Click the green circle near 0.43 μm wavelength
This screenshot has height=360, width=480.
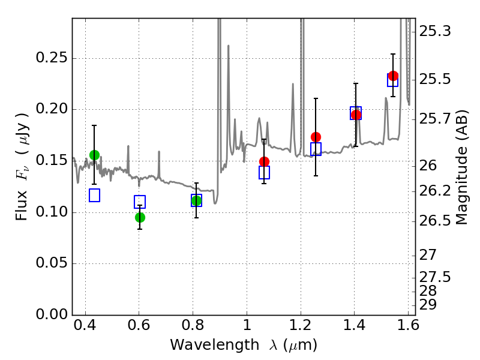pos(95,155)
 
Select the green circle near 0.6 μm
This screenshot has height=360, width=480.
pos(140,218)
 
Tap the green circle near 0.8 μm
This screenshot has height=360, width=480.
pos(197,201)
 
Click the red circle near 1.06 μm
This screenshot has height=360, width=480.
pos(264,161)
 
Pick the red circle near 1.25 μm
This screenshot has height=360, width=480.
pos(316,137)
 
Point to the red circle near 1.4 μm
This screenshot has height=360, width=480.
pos(356,115)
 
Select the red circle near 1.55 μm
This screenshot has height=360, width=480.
pos(393,76)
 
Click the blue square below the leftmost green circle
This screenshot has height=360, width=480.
pos(95,196)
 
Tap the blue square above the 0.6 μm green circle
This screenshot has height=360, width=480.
pos(140,202)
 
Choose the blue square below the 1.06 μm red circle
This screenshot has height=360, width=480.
pos(264,172)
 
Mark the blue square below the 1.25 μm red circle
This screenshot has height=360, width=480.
pos(316,149)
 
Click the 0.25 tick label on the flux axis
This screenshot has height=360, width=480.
pos(52,58)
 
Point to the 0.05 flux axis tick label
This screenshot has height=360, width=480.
pos(52,263)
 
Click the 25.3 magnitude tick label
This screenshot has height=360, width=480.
pos(435,31)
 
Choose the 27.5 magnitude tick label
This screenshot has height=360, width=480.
pos(435,277)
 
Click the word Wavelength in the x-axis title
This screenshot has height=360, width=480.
pos(215,345)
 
